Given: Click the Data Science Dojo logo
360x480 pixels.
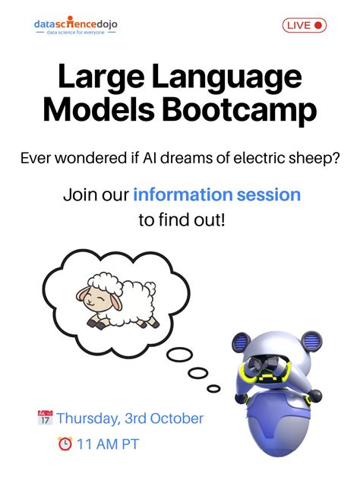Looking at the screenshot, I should point(75,27).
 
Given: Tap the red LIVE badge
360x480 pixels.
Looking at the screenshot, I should point(305,25).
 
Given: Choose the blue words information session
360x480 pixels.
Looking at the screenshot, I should point(216,194).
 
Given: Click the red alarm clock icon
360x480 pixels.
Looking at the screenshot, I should point(65,444).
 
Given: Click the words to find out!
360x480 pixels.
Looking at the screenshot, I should point(179,222).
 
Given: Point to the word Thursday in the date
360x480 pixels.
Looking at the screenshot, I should point(87,418).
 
